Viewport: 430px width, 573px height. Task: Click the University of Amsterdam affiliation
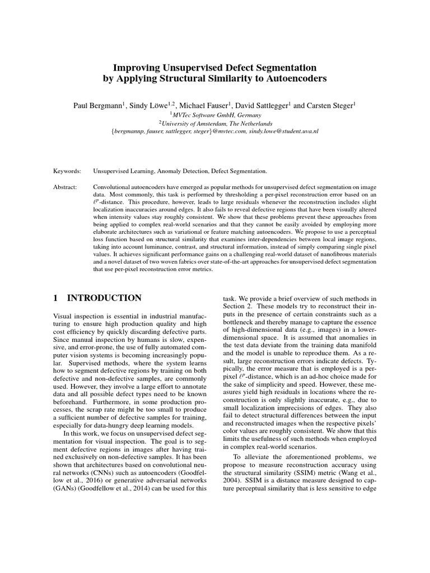point(216,123)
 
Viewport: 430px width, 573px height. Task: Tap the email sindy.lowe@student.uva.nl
point(284,131)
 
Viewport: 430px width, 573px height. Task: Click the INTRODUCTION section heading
point(105,298)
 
